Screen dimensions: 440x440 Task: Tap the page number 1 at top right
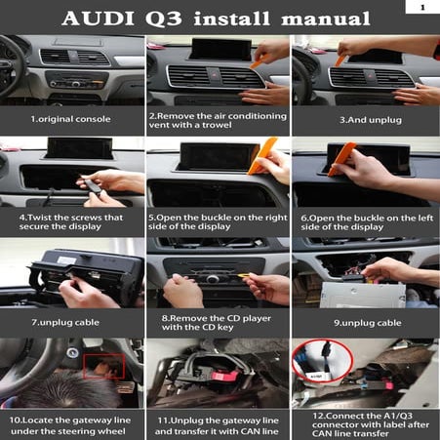point(423,7)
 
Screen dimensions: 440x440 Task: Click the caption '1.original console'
point(71,119)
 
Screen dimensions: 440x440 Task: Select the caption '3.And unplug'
point(365,119)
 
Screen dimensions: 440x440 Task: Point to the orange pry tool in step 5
point(260,160)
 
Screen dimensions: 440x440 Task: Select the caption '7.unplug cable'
point(70,321)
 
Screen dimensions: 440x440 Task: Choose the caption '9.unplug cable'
point(367,321)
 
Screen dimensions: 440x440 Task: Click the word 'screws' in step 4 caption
point(85,216)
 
